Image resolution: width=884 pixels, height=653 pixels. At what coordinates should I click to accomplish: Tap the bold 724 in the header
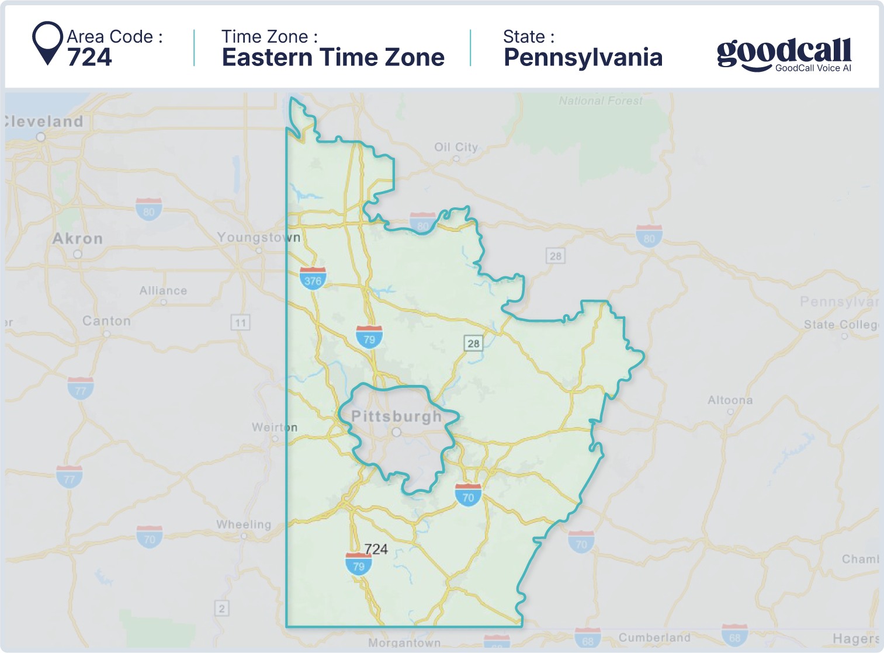pyautogui.click(x=89, y=57)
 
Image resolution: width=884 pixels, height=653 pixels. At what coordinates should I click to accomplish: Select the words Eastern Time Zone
pyautogui.click(x=333, y=57)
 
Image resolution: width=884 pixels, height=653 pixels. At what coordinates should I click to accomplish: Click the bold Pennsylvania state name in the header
pyautogui.click(x=583, y=57)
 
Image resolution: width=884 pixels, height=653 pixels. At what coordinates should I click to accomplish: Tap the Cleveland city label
pyautogui.click(x=44, y=121)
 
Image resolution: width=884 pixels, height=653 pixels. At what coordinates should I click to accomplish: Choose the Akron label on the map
pyautogui.click(x=77, y=238)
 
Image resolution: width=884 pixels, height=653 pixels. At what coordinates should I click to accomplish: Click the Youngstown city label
pyautogui.click(x=258, y=237)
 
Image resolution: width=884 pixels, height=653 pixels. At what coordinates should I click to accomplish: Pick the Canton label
pyautogui.click(x=106, y=321)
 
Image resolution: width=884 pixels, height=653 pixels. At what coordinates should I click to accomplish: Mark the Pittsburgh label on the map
pyautogui.click(x=396, y=416)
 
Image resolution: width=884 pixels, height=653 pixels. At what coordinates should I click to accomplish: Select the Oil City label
pyautogui.click(x=456, y=147)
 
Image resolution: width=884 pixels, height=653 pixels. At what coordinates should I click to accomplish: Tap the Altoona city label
pyautogui.click(x=730, y=400)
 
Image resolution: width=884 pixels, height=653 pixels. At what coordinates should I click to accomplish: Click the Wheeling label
pyautogui.click(x=244, y=524)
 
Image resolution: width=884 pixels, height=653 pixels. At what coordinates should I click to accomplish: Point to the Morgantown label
pyautogui.click(x=404, y=642)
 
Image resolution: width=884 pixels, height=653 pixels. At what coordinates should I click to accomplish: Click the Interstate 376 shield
pyautogui.click(x=313, y=279)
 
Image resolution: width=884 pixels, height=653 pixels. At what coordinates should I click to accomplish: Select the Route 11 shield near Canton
pyautogui.click(x=240, y=322)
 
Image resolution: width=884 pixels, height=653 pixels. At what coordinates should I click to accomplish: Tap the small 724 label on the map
pyautogui.click(x=376, y=549)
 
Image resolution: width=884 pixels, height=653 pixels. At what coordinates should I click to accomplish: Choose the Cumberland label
pyautogui.click(x=654, y=637)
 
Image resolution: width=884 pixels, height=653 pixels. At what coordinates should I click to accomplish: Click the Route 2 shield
pyautogui.click(x=221, y=609)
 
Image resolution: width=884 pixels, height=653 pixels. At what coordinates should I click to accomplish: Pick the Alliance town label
pyautogui.click(x=163, y=290)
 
